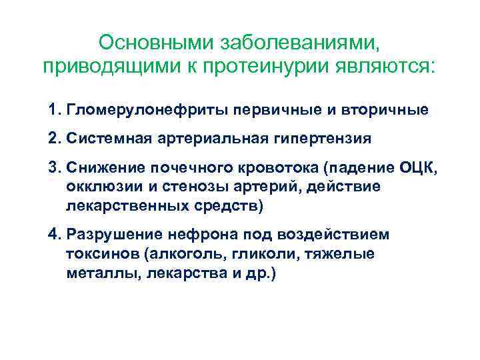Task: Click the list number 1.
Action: coord(54,109)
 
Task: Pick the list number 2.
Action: coord(54,139)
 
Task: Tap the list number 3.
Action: coord(54,170)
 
